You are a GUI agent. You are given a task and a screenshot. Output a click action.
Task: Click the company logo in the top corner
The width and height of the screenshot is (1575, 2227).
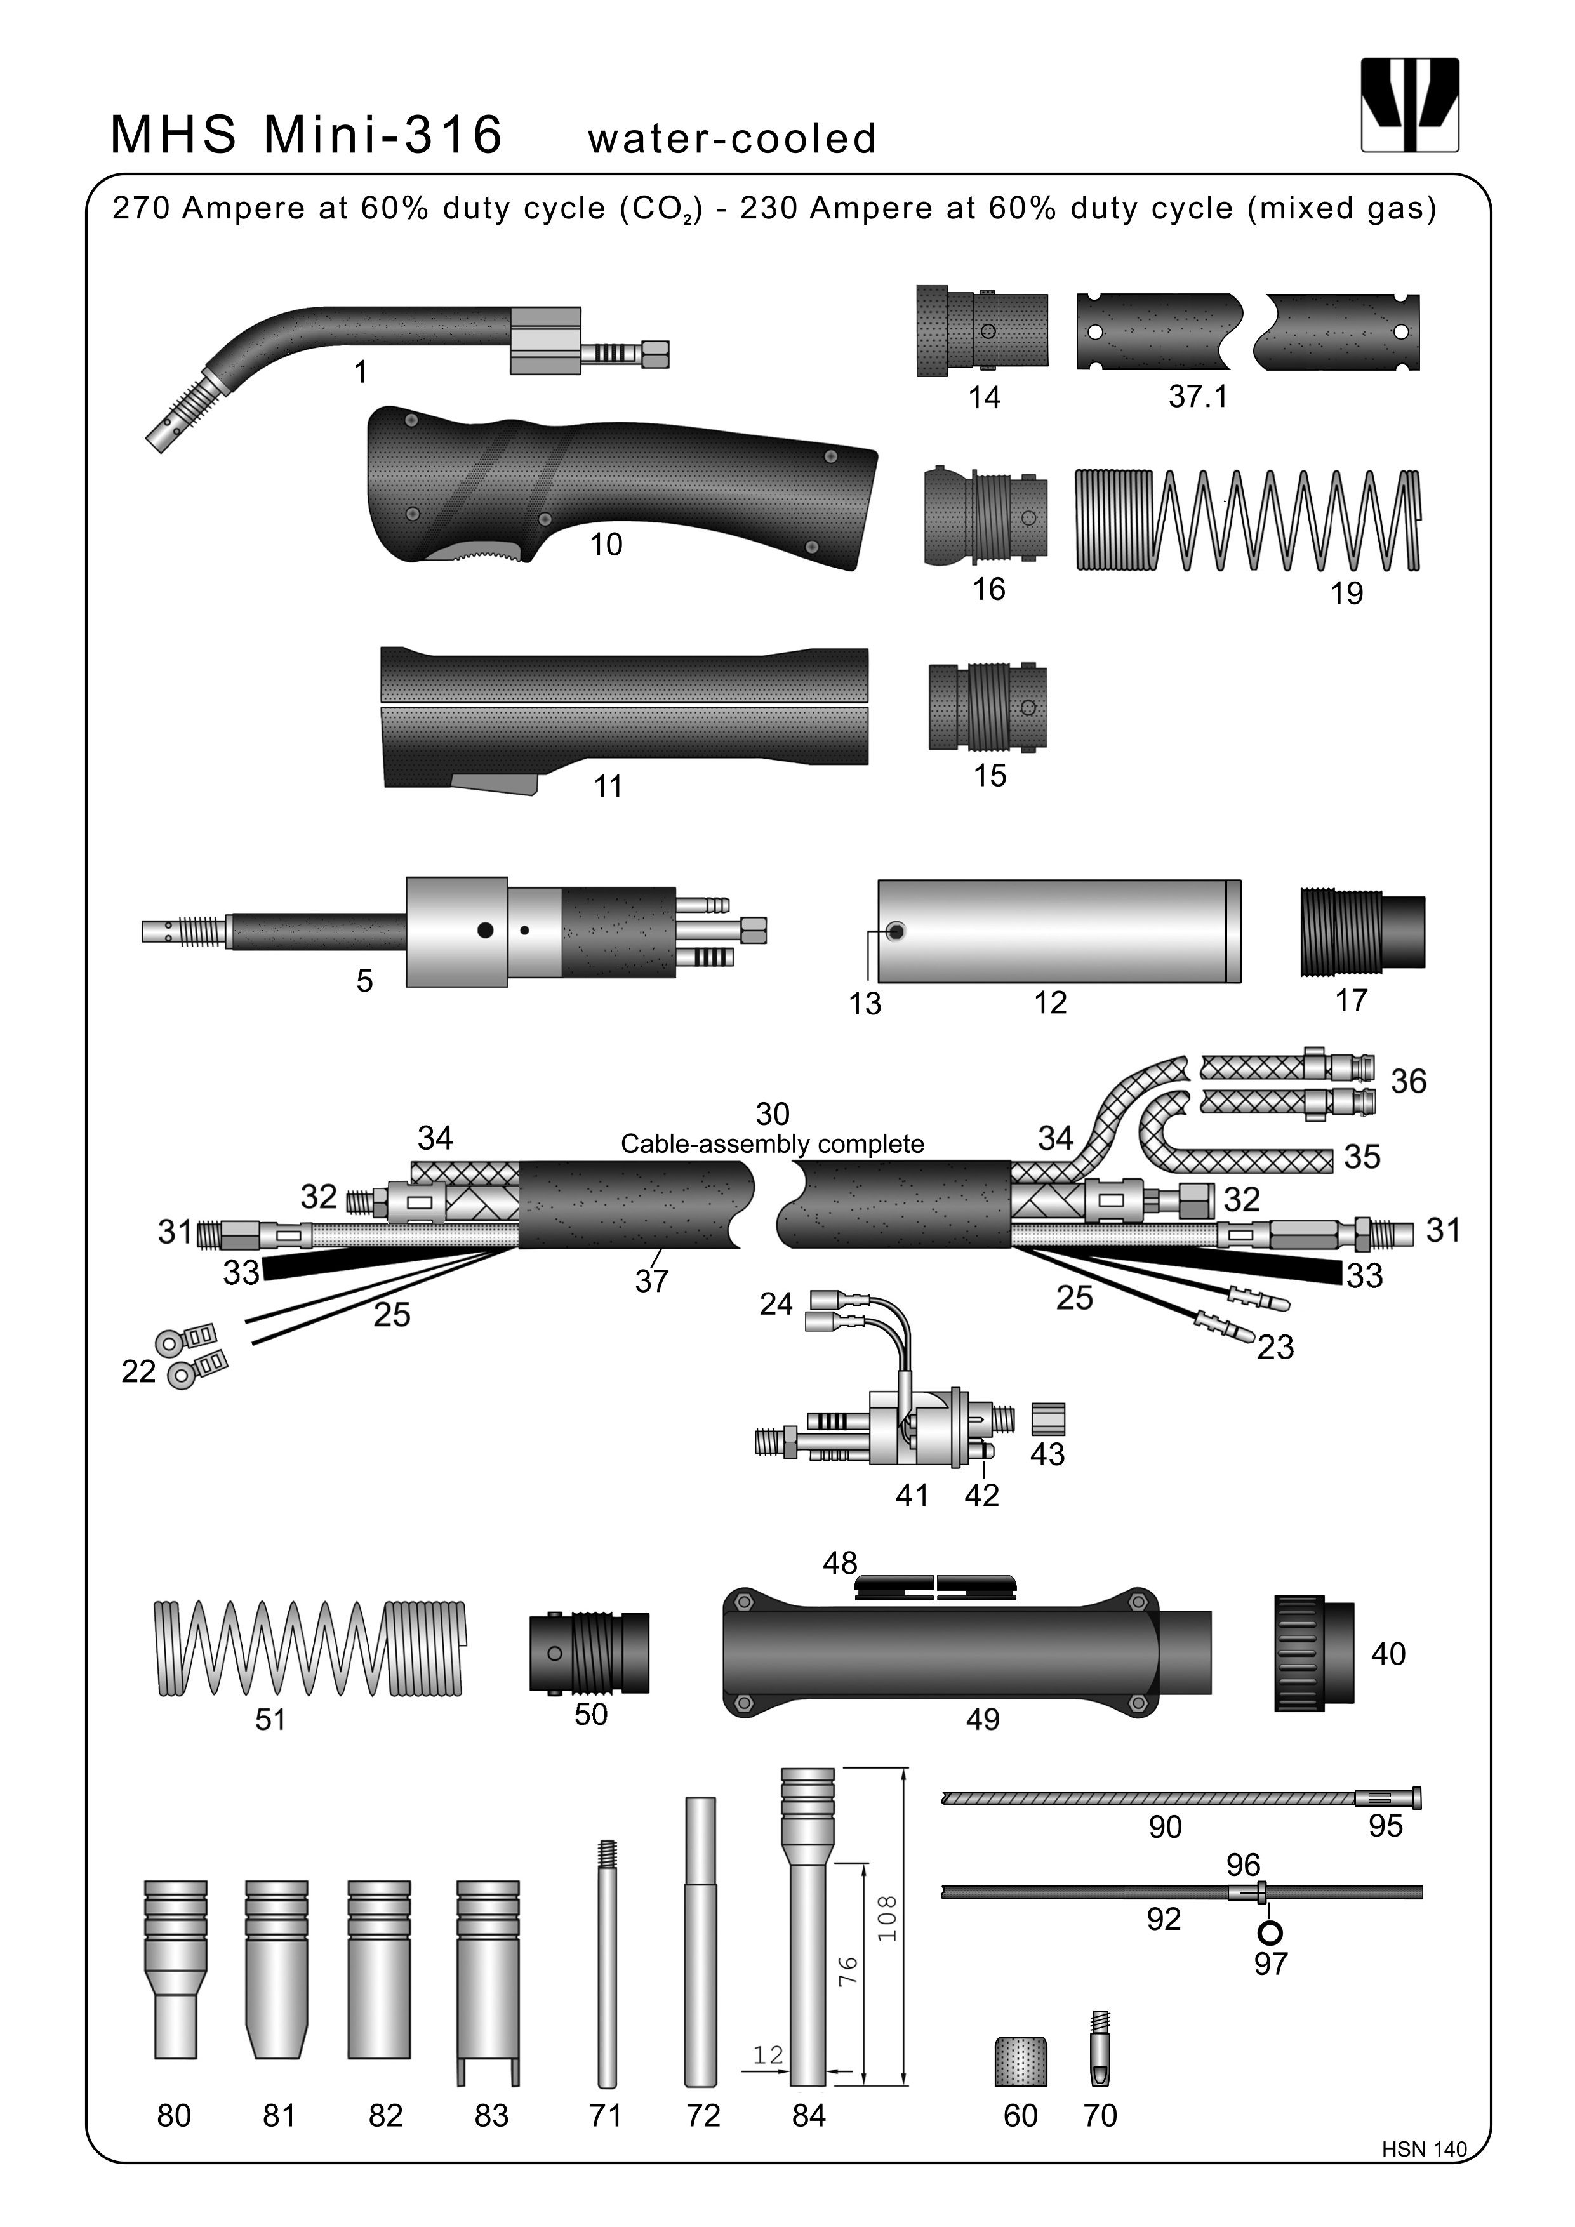click(1409, 105)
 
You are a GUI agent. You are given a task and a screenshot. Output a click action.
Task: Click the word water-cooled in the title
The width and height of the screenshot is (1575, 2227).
click(731, 138)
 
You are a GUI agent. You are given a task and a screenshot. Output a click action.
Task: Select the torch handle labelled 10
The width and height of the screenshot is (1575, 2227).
click(621, 485)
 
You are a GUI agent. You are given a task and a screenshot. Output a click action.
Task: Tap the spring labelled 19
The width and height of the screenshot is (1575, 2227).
click(1248, 521)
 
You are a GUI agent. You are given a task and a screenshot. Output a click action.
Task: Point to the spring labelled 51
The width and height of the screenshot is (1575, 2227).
click(309, 1648)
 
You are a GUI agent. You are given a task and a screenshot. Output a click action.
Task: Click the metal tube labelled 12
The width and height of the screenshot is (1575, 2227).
click(1059, 931)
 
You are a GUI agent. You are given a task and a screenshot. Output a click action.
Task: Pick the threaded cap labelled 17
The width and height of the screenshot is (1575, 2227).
click(1362, 931)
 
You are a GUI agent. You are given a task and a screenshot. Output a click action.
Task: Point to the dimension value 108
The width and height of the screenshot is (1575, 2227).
click(886, 1918)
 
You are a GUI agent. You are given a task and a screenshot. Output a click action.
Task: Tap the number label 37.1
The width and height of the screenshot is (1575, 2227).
click(1198, 397)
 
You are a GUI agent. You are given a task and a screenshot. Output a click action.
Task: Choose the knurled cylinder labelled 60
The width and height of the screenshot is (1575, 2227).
click(1020, 2061)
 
